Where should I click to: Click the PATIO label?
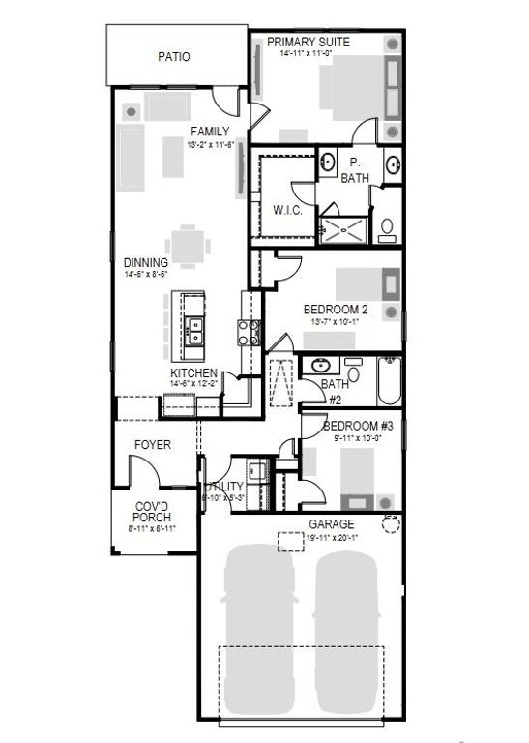click(173, 57)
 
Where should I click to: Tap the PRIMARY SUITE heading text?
click(309, 43)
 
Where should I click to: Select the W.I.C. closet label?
click(288, 210)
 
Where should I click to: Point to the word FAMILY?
click(210, 132)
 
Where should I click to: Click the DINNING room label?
click(146, 262)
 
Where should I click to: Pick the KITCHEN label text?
click(194, 372)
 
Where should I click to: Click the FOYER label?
click(153, 445)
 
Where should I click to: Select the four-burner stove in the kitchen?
click(249, 333)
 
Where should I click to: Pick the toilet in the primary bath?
click(387, 228)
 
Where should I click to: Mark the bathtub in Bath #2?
click(387, 381)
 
